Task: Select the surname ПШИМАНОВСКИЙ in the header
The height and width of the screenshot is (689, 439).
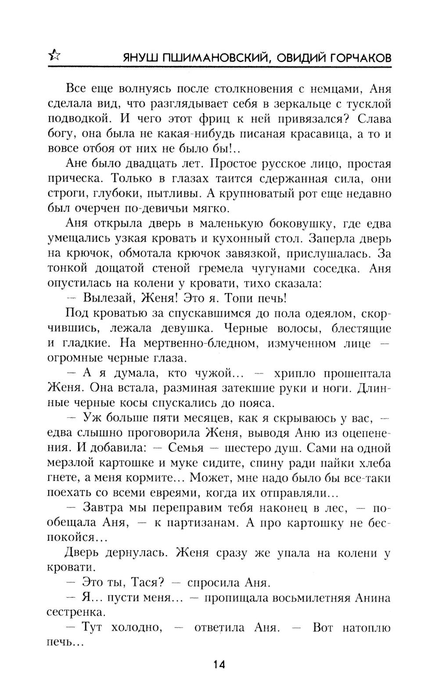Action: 203,58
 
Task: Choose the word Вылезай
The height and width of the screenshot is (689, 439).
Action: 108,298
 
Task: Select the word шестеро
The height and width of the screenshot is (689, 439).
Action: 252,448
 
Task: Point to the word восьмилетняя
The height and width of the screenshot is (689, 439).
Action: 303,598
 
